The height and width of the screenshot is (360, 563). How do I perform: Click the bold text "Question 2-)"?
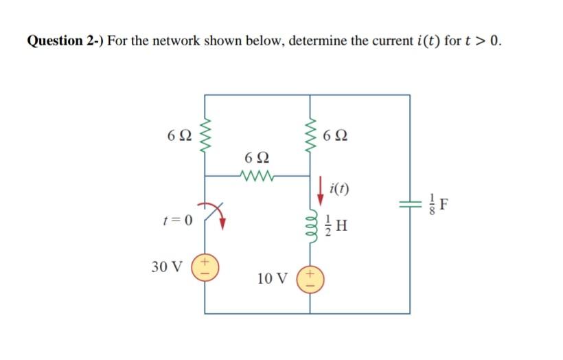click(x=65, y=41)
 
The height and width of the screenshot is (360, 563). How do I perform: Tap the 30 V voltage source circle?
click(x=204, y=267)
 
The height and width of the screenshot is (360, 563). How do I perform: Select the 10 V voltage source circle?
click(x=308, y=279)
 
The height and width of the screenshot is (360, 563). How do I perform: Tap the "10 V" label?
click(x=273, y=279)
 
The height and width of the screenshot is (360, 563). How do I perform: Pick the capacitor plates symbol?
click(x=411, y=205)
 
